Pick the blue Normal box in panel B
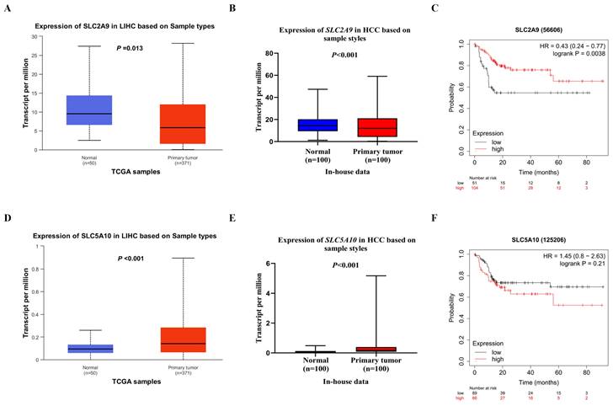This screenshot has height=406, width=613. tap(294, 125)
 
